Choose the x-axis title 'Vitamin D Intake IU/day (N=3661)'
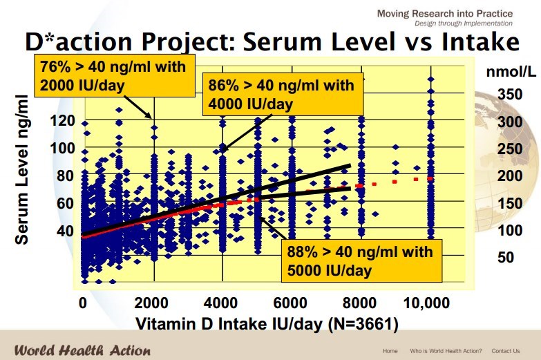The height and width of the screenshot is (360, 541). coord(267,323)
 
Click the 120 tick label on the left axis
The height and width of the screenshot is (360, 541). coord(63,120)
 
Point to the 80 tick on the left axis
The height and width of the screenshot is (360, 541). coord(66,175)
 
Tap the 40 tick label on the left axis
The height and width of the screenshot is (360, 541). coord(66,229)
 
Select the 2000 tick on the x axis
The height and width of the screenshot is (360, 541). coord(153,303)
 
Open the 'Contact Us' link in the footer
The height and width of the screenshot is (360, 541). coord(506,350)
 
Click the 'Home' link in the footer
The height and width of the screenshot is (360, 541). coord(390,350)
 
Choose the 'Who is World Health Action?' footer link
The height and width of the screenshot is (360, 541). coord(446,350)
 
